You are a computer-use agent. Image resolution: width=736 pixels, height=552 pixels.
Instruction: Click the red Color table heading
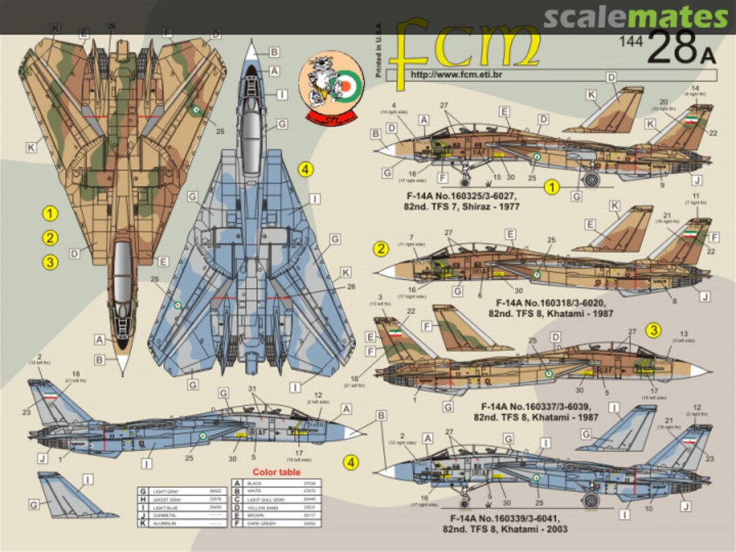click(x=276, y=472)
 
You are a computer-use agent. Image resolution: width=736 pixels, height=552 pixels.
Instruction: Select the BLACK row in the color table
click(x=276, y=482)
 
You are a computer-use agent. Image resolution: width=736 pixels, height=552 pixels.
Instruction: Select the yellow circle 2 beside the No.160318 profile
click(x=381, y=249)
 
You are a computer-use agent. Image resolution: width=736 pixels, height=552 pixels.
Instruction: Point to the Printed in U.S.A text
click(x=379, y=52)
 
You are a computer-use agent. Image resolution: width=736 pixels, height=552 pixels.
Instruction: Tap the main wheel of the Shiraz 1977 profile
click(x=592, y=180)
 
